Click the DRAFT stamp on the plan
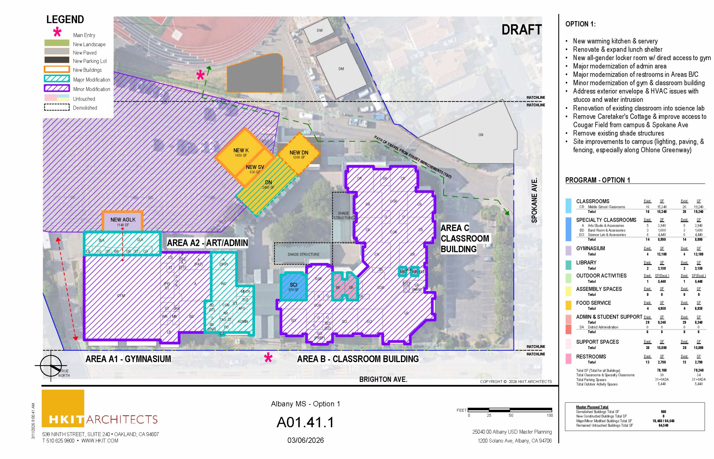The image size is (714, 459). tap(521, 30)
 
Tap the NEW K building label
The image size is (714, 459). tap(241, 151)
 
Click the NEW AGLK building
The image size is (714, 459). tap(123, 221)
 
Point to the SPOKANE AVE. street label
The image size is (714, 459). tap(534, 200)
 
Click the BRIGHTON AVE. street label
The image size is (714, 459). tap(383, 379)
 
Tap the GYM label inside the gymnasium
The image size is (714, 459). tap(121, 295)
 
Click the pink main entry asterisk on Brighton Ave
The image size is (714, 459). tap(268, 358)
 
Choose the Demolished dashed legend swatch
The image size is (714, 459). tap(57, 107)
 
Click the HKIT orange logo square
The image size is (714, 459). tap(63, 408)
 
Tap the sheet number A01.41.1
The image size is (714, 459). tap(305, 422)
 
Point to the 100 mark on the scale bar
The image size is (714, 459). tap(549, 415)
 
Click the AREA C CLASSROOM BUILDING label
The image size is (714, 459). tap(464, 238)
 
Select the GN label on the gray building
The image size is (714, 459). tap(481, 135)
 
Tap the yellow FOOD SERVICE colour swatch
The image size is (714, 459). tap(568, 305)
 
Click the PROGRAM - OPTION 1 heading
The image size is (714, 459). tap(597, 180)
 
